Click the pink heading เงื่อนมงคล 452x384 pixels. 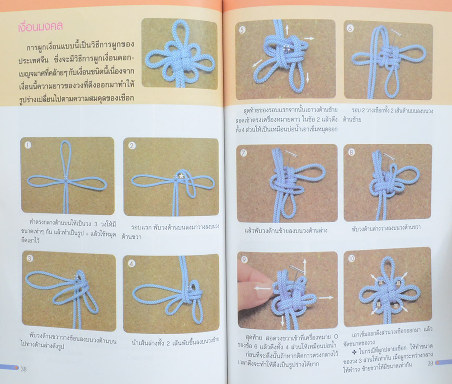(x=39, y=26)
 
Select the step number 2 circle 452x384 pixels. (x=132, y=146)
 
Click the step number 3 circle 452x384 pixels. (x=29, y=259)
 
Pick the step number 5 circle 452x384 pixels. (x=242, y=31)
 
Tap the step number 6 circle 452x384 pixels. (x=351, y=28)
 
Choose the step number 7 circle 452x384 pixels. (x=244, y=153)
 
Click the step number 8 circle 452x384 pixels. (x=352, y=152)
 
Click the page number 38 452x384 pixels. (x=24, y=369)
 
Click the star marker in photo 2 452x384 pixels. (x=182, y=175)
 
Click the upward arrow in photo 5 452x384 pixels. (x=286, y=30)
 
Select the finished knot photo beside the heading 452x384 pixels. (x=179, y=53)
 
